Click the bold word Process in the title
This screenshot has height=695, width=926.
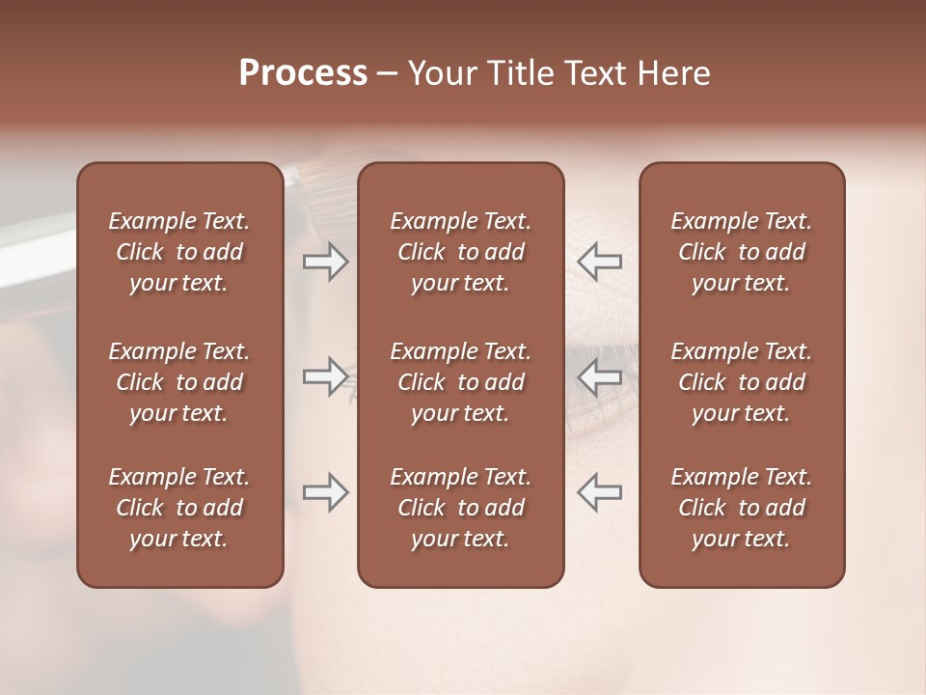(x=303, y=73)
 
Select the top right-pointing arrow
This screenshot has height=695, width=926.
(x=326, y=261)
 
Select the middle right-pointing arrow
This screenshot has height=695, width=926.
(x=326, y=376)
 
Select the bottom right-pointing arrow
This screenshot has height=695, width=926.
(x=326, y=492)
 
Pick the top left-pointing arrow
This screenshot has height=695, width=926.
(x=600, y=261)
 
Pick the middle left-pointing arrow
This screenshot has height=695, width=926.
(x=600, y=376)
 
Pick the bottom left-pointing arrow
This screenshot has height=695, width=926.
(x=600, y=492)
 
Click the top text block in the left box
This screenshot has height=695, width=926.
(x=179, y=252)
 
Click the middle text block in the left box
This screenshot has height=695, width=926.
(x=179, y=382)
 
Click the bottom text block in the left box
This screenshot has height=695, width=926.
(x=179, y=508)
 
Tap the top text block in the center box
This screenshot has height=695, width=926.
(x=460, y=252)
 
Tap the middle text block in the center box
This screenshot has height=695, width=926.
(x=460, y=382)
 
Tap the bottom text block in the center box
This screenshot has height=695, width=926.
(x=460, y=508)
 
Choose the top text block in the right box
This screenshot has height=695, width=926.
(x=741, y=252)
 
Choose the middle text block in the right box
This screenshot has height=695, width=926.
(x=741, y=382)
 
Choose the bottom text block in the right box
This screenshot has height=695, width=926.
(x=741, y=508)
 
